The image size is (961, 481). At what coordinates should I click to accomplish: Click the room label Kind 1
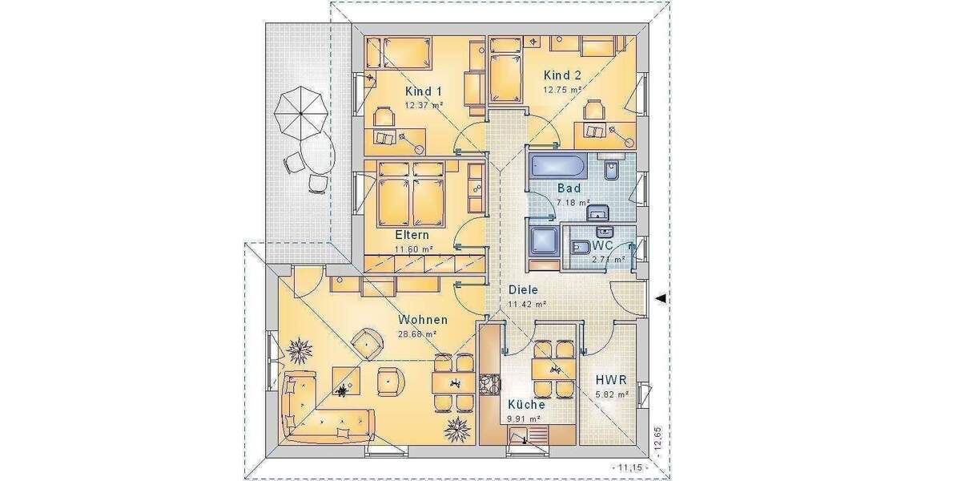[x=424, y=91]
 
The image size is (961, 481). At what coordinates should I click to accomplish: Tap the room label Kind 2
[x=561, y=76]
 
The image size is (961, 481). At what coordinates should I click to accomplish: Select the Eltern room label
[x=412, y=236]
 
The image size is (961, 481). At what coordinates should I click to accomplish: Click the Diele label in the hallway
[x=523, y=290]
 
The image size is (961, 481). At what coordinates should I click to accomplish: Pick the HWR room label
[x=611, y=380]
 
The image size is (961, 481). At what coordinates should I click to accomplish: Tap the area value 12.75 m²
[x=561, y=91]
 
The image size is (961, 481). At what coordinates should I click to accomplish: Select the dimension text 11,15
[x=623, y=467]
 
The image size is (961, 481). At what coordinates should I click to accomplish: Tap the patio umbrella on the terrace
[x=300, y=113]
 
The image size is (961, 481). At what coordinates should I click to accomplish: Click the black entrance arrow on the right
[x=661, y=299]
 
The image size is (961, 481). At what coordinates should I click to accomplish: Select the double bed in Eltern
[x=410, y=193]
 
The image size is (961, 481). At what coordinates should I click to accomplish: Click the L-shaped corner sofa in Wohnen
[x=320, y=413]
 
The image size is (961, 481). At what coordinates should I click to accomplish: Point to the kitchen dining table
[x=553, y=370]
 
